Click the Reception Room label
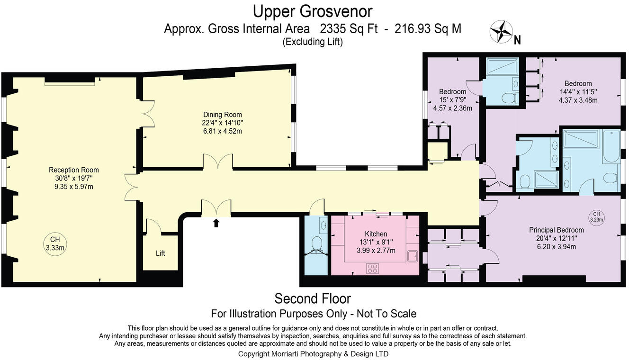[74, 170]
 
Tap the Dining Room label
[223, 115]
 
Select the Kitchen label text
[376, 234]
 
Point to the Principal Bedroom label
[556, 230]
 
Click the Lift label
[161, 253]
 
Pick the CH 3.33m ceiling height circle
[55, 244]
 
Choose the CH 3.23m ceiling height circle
[596, 217]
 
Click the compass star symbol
[501, 32]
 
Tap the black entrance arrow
[216, 223]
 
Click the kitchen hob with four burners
[372, 269]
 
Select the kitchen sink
[412, 256]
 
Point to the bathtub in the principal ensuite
[611, 146]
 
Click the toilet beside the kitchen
[316, 244]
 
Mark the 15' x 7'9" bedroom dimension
[453, 100]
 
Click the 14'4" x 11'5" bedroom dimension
[578, 92]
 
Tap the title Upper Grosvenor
[313, 12]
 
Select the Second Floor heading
[313, 299]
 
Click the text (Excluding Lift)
[313, 42]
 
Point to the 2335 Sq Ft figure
[349, 28]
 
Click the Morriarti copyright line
[313, 354]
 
